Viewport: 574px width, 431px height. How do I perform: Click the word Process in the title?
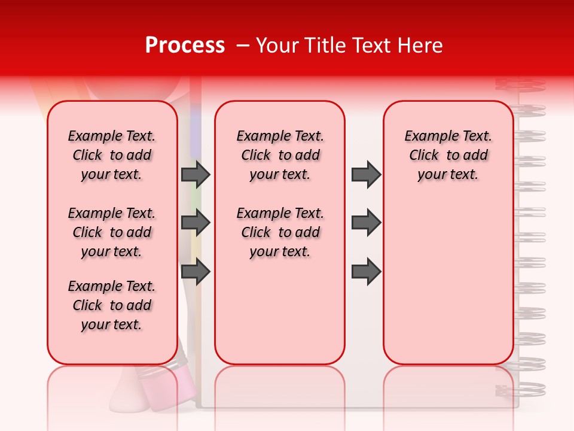pyautogui.click(x=185, y=45)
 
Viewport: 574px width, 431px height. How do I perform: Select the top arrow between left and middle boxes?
pyautogui.click(x=195, y=174)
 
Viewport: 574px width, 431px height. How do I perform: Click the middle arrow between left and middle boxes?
pyautogui.click(x=195, y=223)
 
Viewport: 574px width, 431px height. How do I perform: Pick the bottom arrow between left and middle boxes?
pyautogui.click(x=195, y=272)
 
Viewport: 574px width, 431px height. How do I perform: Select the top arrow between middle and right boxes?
pyautogui.click(x=366, y=174)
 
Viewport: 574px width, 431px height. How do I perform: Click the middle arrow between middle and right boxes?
pyautogui.click(x=366, y=223)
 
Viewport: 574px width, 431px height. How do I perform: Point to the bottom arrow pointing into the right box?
pyautogui.click(x=366, y=272)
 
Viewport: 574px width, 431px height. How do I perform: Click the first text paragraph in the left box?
pyautogui.click(x=112, y=155)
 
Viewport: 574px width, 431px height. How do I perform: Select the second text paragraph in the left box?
pyautogui.click(x=112, y=232)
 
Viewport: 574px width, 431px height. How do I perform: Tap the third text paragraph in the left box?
pyautogui.click(x=112, y=305)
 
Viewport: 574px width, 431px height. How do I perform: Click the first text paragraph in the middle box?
pyautogui.click(x=280, y=155)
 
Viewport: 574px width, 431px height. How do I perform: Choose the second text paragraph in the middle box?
pyautogui.click(x=280, y=232)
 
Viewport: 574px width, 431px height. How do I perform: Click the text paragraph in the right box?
pyautogui.click(x=448, y=155)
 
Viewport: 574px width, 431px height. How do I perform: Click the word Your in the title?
pyautogui.click(x=277, y=45)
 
